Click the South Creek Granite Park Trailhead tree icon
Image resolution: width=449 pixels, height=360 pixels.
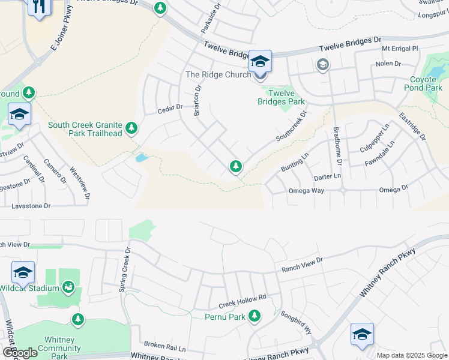click(x=131, y=127)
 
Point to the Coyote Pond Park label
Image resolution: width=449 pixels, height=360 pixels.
click(x=426, y=83)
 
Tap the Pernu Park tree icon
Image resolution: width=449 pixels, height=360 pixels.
click(x=255, y=315)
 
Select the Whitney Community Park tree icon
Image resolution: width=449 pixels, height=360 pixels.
click(x=77, y=319)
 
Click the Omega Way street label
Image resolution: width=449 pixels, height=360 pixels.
click(x=306, y=191)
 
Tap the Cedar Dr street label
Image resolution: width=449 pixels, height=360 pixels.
click(x=169, y=109)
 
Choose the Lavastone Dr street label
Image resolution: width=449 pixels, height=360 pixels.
click(x=31, y=206)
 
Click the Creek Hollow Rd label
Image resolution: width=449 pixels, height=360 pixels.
click(x=243, y=298)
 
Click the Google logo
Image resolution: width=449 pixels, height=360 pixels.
click(x=20, y=353)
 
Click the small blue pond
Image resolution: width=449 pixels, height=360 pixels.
click(x=142, y=158)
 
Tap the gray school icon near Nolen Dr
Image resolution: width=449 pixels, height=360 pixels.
click(x=323, y=64)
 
